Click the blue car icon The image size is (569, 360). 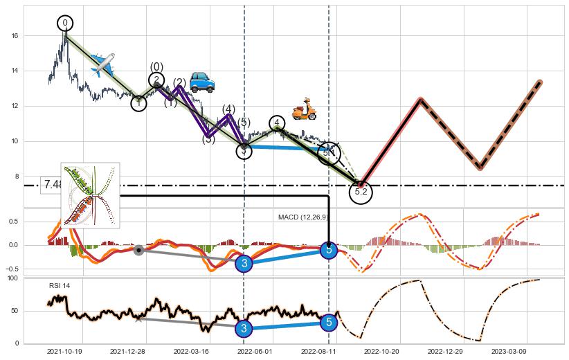tap(201, 82)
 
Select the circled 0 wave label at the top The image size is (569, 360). tap(65, 24)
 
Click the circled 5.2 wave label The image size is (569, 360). tap(361, 192)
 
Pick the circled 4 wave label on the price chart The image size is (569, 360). tap(277, 124)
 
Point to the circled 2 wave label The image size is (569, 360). tap(156, 81)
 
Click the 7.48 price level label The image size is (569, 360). tap(53, 185)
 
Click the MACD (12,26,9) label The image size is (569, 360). tap(304, 217)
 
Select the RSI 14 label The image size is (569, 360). tap(60, 285)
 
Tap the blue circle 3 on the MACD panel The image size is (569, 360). tap(244, 263)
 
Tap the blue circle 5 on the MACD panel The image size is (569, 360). tap(329, 249)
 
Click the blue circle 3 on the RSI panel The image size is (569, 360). tap(244, 328)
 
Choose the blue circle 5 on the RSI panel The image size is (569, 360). tap(329, 322)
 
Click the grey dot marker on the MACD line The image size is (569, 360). tap(138, 249)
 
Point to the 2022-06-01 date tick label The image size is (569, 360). tap(253, 352)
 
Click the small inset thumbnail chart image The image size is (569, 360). tap(90, 195)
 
